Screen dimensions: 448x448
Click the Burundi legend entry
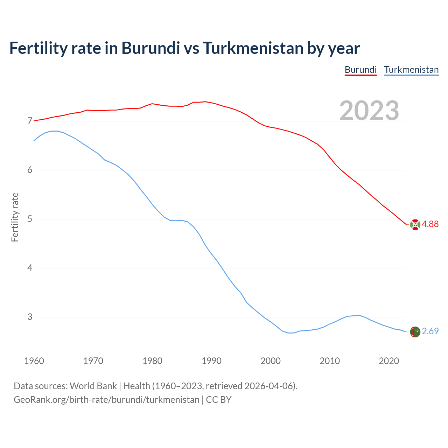coord(360,70)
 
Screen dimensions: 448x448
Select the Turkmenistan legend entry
coord(411,70)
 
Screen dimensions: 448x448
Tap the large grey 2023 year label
coord(369,110)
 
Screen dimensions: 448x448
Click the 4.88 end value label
coord(430,224)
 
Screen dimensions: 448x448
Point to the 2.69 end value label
coord(430,331)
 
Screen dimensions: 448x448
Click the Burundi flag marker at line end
coord(415,225)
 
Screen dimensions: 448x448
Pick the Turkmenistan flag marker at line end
coord(415,332)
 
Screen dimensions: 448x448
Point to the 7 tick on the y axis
coord(30,121)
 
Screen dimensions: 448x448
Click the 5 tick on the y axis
coord(30,219)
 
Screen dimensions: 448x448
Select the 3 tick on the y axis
coord(30,317)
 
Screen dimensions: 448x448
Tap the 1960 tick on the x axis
coord(34,361)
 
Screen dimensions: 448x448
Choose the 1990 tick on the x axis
coord(211,361)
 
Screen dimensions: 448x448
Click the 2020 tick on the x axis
coord(389,361)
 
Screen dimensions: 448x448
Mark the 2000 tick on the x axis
coord(271,361)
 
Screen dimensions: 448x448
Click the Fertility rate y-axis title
coord(15,217)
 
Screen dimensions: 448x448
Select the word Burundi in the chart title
coord(150,48)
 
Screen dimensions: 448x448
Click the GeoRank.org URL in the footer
coord(106,400)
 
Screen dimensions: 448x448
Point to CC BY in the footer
coord(219,400)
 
